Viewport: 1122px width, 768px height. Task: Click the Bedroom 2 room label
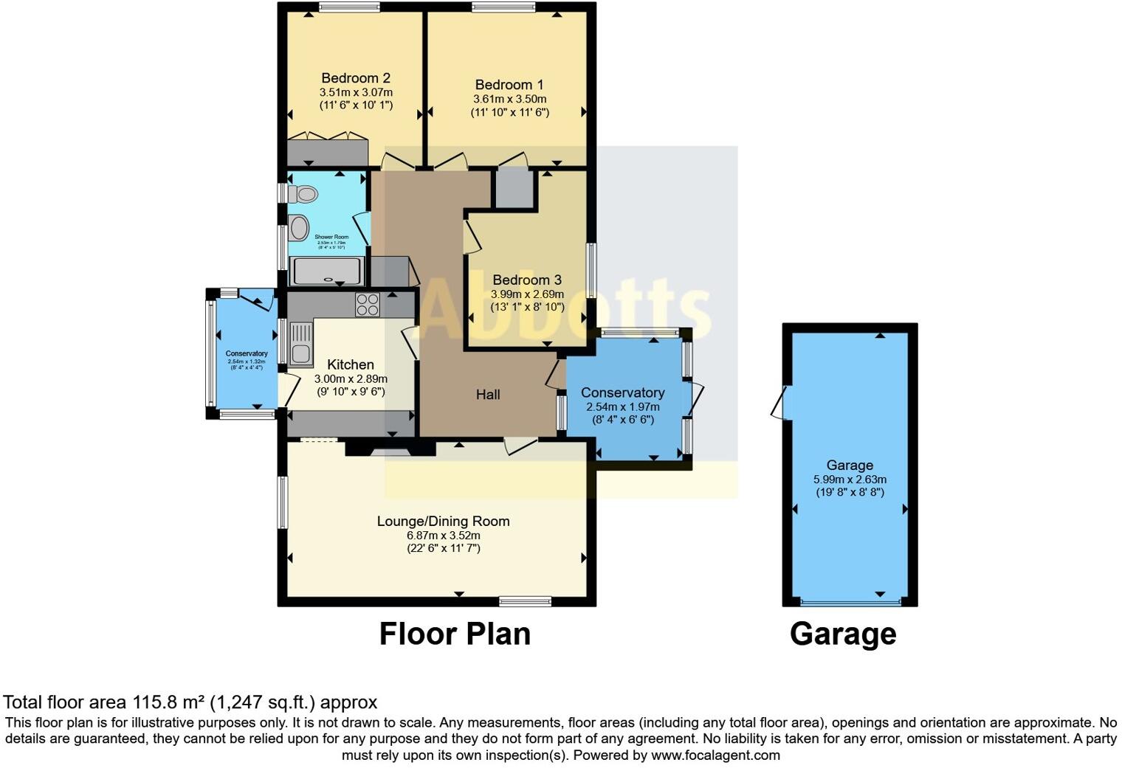coord(356,78)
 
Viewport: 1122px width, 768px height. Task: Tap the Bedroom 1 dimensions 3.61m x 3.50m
coord(509,99)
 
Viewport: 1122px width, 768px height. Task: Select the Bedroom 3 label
coord(527,280)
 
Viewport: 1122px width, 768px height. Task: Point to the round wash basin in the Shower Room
coord(298,227)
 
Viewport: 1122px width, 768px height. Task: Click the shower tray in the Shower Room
coord(328,271)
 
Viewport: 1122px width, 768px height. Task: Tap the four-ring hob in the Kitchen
coord(368,305)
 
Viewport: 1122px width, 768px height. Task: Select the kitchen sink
coord(300,345)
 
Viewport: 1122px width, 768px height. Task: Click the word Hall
coord(488,395)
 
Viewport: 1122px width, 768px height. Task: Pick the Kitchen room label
coord(351,364)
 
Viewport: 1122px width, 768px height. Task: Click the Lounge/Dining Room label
coord(443,521)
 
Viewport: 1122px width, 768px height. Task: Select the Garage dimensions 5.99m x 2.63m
coord(850,479)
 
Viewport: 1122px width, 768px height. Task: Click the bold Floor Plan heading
coord(455,634)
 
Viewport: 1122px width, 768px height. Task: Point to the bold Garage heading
coord(843,634)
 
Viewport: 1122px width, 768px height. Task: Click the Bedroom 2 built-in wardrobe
coord(327,153)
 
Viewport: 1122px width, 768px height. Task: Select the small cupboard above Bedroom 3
coord(513,189)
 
